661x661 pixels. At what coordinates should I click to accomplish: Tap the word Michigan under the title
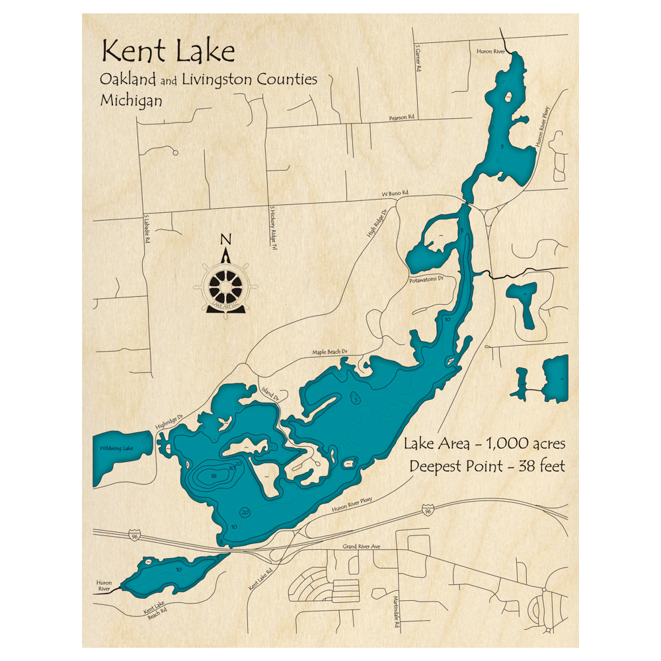[131, 101]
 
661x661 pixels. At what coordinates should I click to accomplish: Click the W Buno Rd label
[395, 193]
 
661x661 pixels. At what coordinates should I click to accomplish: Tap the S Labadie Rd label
[147, 232]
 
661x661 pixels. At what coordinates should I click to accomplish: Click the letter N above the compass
[225, 239]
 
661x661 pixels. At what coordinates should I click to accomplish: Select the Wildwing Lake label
[116, 449]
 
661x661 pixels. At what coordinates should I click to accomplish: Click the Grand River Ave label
[362, 547]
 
